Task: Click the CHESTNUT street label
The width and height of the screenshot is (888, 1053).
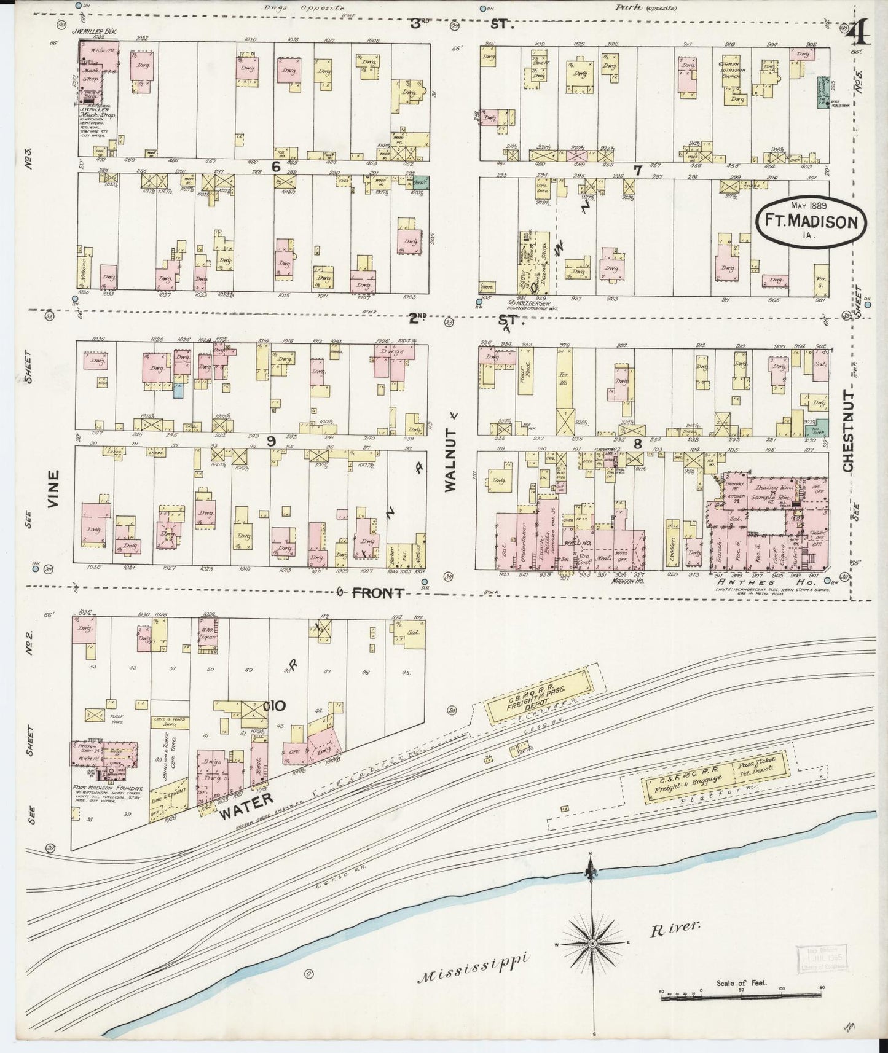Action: [849, 431]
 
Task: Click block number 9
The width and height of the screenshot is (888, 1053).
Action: [270, 440]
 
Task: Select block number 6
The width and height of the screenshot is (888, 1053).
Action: [276, 166]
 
